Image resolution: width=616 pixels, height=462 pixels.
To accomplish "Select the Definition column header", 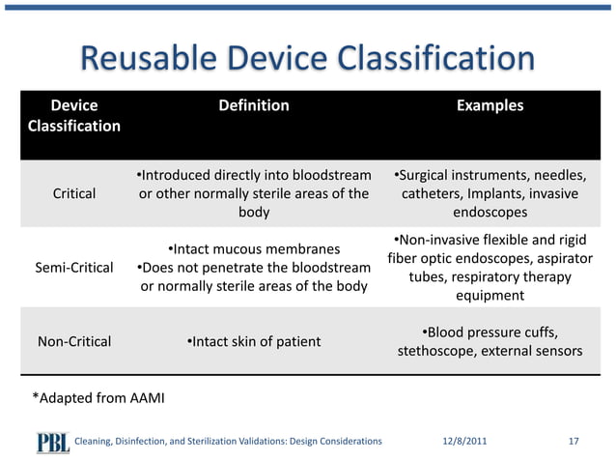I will [x=253, y=105].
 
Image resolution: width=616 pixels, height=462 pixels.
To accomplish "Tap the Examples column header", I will [x=490, y=105].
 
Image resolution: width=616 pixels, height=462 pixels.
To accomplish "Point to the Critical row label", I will [x=73, y=193].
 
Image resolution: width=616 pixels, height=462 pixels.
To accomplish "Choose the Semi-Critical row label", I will [x=73, y=266].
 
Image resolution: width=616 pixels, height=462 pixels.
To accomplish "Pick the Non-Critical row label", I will [x=73, y=340].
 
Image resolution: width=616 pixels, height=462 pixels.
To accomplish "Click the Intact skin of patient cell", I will [x=253, y=340].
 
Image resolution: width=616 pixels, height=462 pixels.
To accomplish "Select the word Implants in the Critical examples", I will [x=493, y=193].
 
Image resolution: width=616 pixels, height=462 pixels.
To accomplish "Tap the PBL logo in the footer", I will [x=53, y=441].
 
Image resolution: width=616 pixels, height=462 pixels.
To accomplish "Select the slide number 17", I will [x=574, y=441].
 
